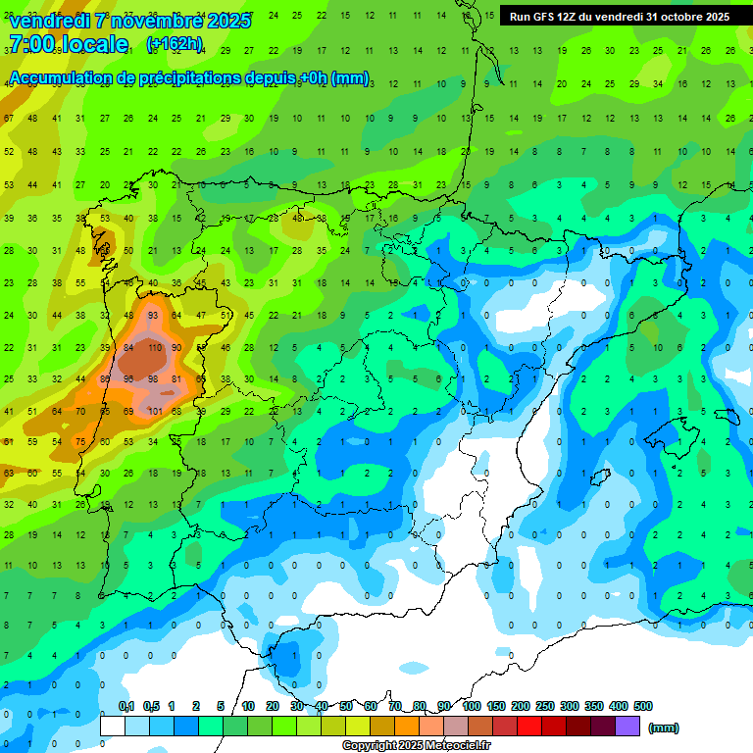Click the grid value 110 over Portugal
click(154, 347)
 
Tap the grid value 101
click(154, 411)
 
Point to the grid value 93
click(154, 316)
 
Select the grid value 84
click(129, 347)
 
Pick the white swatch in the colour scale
click(113, 727)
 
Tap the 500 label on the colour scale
click(643, 707)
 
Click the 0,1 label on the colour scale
click(126, 707)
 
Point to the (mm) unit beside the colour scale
click(664, 728)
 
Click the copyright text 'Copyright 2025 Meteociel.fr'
click(417, 746)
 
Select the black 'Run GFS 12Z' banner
click(620, 17)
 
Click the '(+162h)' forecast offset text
click(175, 44)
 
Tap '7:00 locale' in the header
click(69, 44)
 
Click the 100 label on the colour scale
click(472, 707)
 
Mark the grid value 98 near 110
click(154, 378)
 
